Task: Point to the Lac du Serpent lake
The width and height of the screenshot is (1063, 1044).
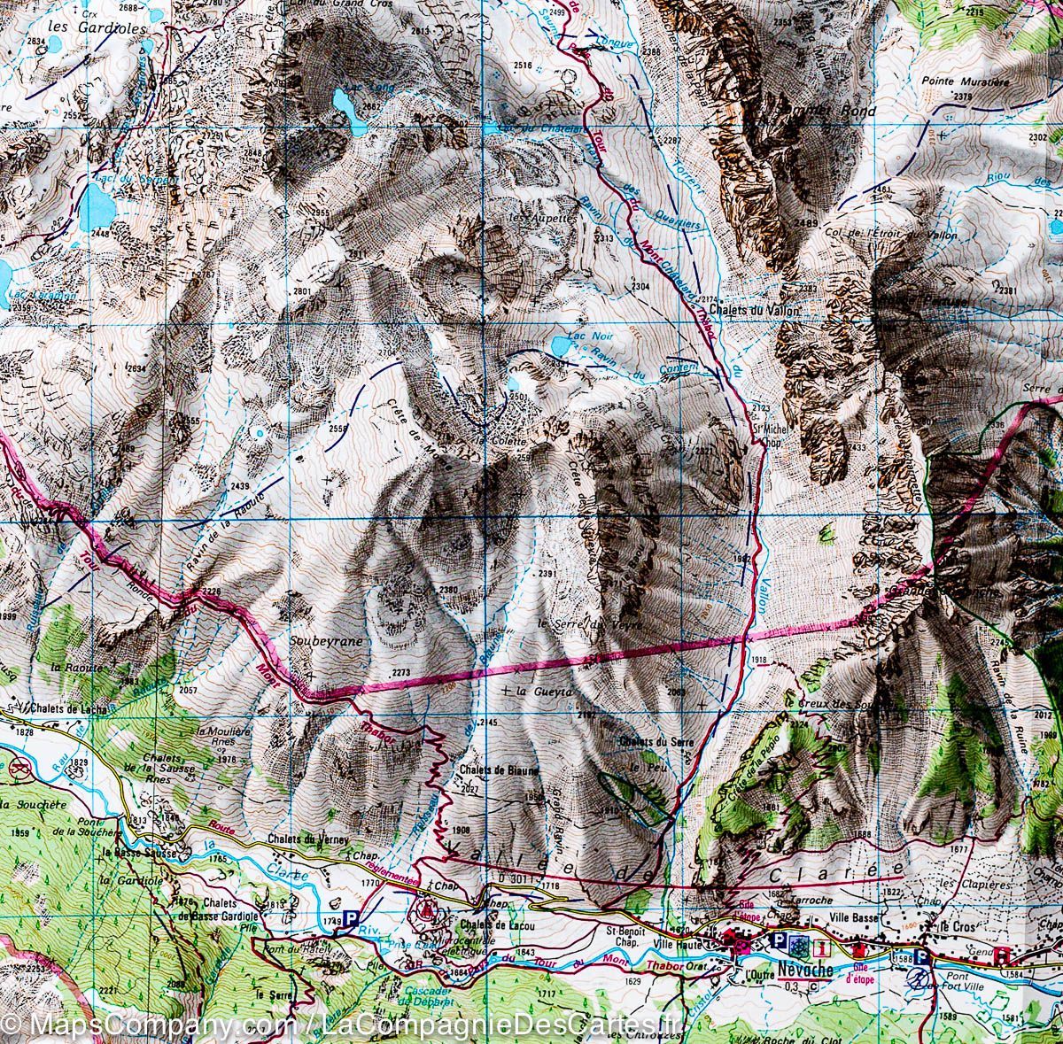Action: (x=96, y=207)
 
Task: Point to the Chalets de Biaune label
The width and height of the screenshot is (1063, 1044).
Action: (x=499, y=770)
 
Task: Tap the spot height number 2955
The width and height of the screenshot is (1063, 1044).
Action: (x=320, y=213)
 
